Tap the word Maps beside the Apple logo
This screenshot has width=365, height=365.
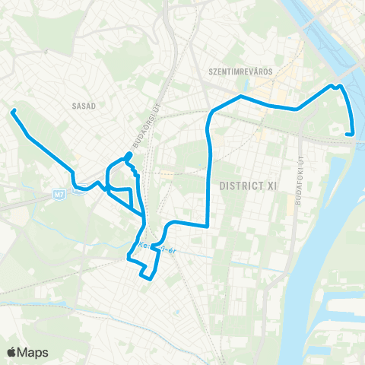click(x=33, y=352)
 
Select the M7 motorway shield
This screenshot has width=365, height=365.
click(x=59, y=194)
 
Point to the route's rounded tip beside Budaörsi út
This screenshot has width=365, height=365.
click(x=129, y=155)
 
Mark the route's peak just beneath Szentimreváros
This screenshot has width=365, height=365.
click(x=240, y=97)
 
